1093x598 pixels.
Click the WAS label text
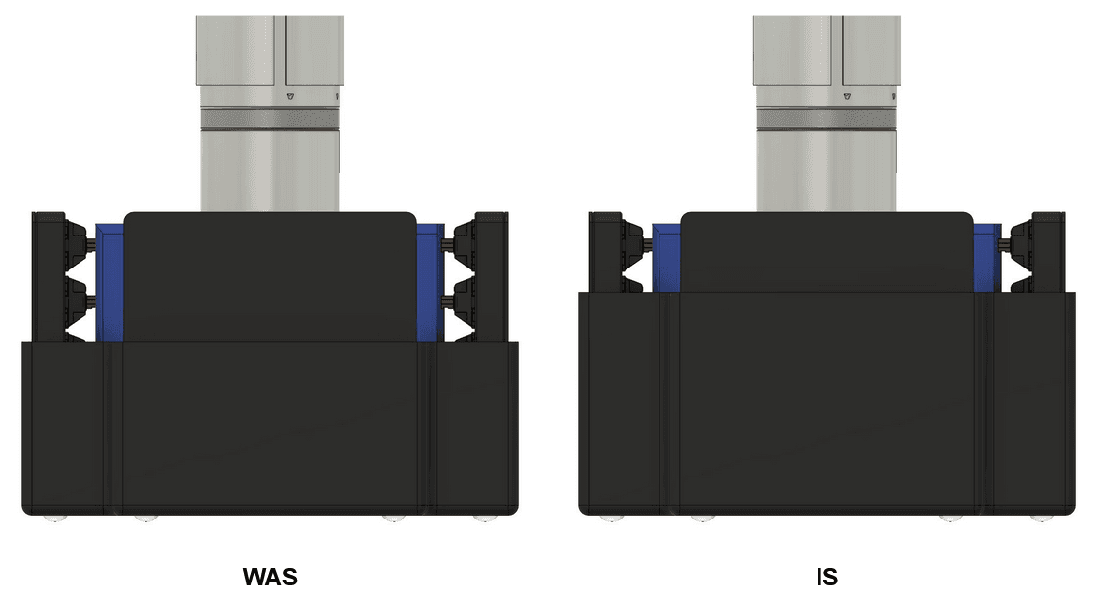click(x=270, y=578)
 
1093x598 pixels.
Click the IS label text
click(x=826, y=578)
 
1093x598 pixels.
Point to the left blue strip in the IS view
click(x=666, y=258)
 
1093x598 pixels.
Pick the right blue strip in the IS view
click(x=986, y=258)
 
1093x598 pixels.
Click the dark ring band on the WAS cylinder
click(x=270, y=118)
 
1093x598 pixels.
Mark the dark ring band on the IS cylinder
click(x=826, y=118)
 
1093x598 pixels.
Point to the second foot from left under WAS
click(x=145, y=519)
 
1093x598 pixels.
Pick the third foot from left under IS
click(x=950, y=519)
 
